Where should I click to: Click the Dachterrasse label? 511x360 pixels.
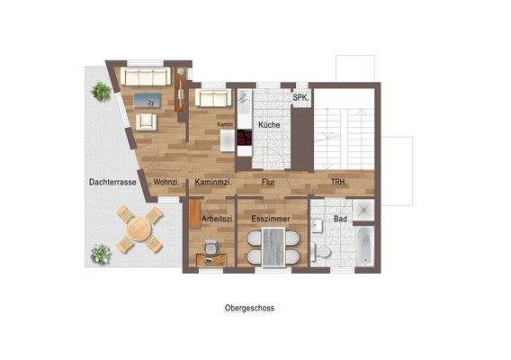coord(112,182)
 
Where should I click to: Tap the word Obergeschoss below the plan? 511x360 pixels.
coord(249,308)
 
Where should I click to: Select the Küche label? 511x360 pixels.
coord(266,124)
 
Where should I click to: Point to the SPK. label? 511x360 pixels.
coord(300,97)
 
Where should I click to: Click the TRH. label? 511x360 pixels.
coord(338,182)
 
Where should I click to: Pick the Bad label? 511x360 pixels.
coord(340,219)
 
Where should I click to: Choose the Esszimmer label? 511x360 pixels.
coord(272,219)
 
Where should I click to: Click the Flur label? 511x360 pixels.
coord(268,182)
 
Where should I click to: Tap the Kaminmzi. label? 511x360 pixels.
coord(213,182)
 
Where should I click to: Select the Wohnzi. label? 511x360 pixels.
coord(166,182)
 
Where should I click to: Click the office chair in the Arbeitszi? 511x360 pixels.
coord(210,246)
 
